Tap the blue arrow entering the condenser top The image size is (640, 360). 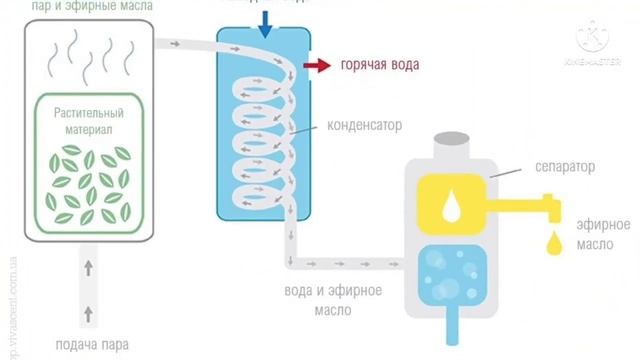pos(264,27)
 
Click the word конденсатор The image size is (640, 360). pos(364,128)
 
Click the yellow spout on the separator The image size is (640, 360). pos(530,211)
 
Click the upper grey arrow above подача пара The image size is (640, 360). pos(88,267)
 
